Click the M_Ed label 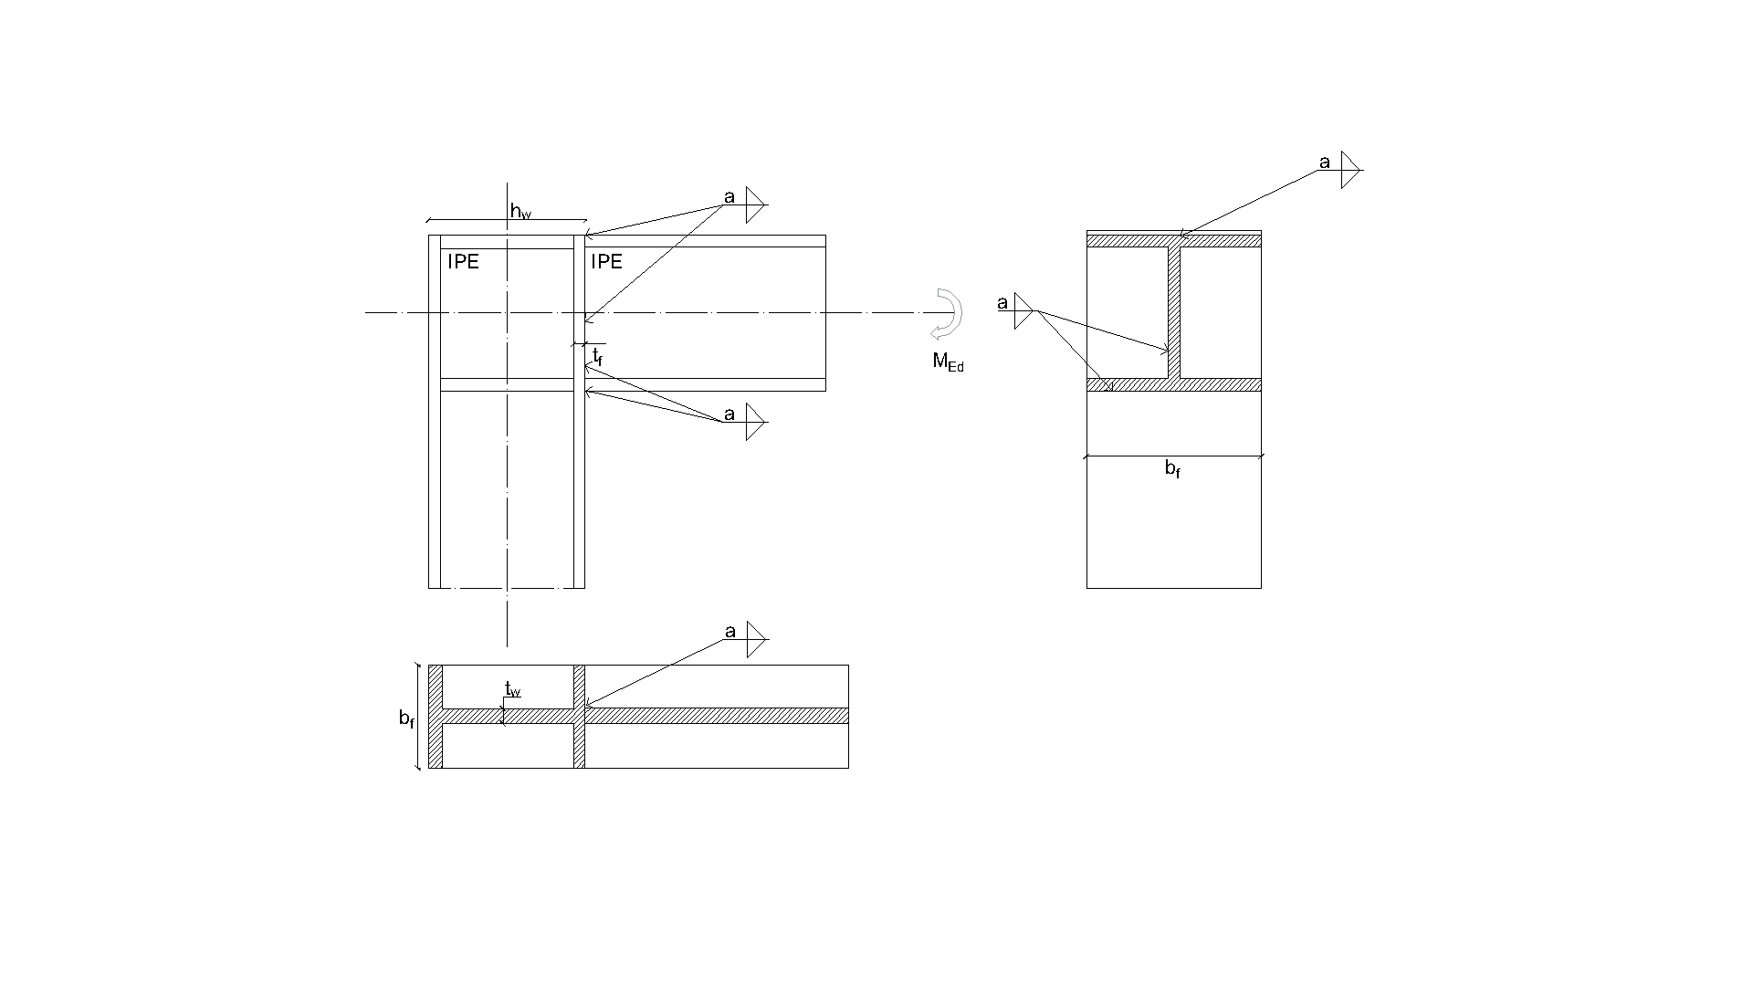[948, 362]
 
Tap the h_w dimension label [520, 213]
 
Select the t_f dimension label [597, 356]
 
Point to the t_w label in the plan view [512, 689]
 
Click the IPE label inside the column [464, 262]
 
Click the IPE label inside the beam [606, 262]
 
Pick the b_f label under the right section [1172, 469]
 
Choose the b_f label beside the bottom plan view [406, 719]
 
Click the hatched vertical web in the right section [1174, 313]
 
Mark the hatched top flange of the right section [1174, 241]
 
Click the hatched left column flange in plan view [436, 717]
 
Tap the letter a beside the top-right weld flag [1325, 163]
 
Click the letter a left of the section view [1002, 303]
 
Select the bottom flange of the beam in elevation [705, 384]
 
